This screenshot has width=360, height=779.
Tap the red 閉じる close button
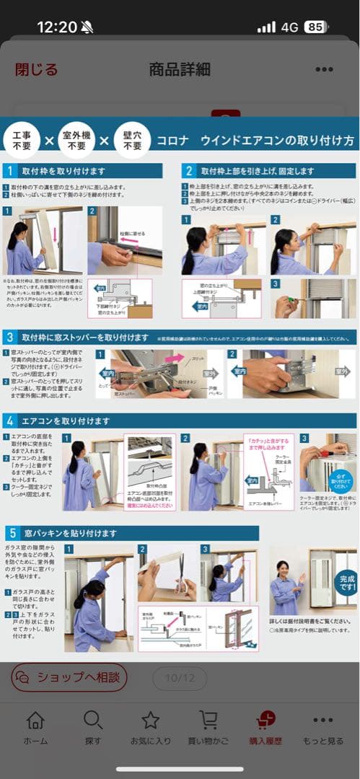point(36,69)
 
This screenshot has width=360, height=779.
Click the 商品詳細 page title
point(180,69)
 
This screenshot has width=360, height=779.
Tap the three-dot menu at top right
point(324,70)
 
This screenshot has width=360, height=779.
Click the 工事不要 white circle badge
point(22,139)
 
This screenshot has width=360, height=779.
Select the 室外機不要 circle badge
point(76,139)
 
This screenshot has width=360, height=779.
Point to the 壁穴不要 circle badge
point(132,139)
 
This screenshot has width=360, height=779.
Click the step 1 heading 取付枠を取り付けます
point(65,171)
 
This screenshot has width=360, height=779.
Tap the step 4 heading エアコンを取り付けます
point(66,421)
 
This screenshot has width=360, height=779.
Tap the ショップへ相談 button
point(69,677)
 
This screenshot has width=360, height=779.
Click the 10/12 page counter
point(175,678)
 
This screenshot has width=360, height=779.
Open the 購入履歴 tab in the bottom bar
point(265,727)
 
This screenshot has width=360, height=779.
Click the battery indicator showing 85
point(315,27)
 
